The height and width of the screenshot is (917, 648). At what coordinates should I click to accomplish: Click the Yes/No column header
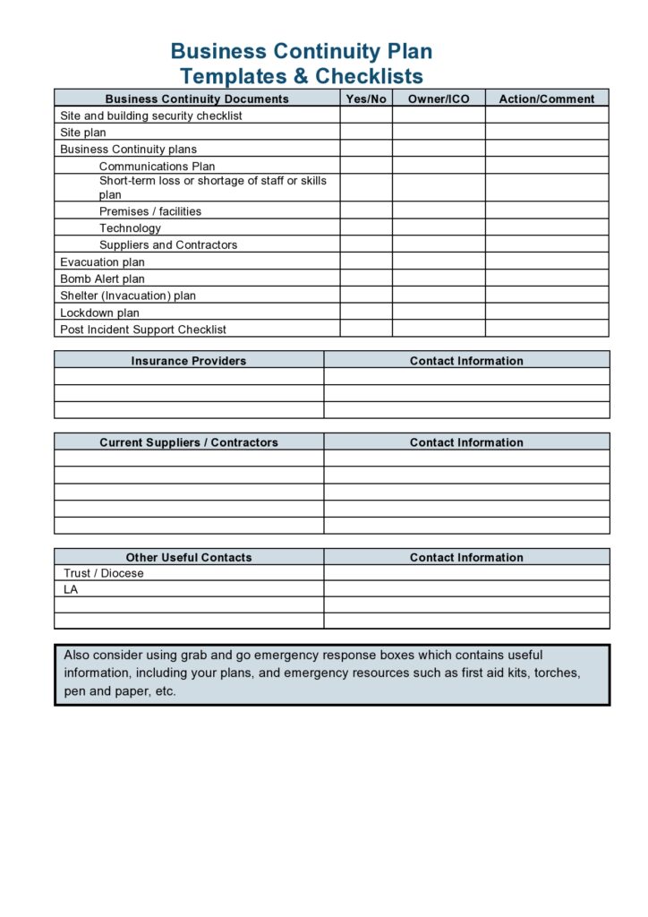tap(366, 99)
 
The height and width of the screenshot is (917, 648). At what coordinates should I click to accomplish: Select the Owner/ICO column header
tap(439, 99)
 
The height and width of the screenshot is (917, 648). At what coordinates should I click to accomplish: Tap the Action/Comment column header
tap(546, 99)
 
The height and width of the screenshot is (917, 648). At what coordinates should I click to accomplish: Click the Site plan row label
tap(83, 133)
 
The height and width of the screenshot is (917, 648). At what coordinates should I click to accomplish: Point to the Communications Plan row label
tap(157, 166)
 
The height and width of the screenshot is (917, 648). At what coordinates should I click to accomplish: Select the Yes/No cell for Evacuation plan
tap(366, 262)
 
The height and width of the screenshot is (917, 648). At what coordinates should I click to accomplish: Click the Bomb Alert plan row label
tap(102, 279)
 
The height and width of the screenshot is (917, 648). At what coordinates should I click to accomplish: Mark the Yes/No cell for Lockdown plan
tap(366, 313)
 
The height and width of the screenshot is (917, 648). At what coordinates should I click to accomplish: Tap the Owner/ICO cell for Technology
tap(439, 227)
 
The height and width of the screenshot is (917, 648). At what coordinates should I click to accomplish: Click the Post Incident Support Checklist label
tap(143, 330)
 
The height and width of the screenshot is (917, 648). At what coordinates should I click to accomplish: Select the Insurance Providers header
tap(189, 361)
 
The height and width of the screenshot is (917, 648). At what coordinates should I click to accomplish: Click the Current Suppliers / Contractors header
tap(189, 442)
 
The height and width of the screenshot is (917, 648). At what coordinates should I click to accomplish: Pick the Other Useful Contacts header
tap(189, 557)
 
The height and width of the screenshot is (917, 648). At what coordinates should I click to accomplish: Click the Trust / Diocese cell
tap(104, 573)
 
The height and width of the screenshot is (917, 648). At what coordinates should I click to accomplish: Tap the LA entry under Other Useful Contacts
tap(71, 589)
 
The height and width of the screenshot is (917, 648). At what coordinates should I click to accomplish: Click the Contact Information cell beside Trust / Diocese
tap(466, 573)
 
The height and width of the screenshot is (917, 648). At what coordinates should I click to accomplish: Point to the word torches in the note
tap(557, 673)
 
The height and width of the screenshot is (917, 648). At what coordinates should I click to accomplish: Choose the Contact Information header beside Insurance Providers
tap(466, 361)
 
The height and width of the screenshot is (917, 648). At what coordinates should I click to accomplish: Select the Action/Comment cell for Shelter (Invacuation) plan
tap(546, 296)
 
